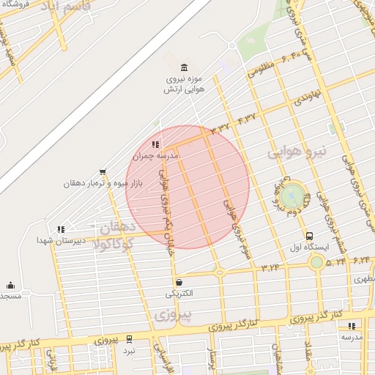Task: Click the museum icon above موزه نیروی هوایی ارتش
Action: click(183, 67)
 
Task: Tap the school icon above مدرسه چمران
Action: click(155, 144)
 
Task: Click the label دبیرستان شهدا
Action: click(64, 240)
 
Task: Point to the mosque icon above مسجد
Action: click(10, 286)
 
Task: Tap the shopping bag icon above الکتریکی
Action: click(179, 282)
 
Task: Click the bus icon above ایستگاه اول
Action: click(310, 237)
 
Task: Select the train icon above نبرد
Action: click(129, 339)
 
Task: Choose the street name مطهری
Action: click(364, 279)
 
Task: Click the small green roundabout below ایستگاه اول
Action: click(316, 261)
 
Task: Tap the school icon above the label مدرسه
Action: click(352, 326)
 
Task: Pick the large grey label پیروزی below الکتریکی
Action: click(174, 315)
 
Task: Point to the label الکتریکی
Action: click(179, 294)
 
